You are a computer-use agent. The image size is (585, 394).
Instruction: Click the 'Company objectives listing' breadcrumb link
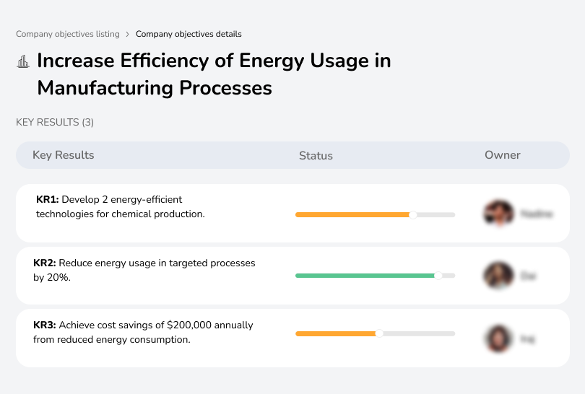pos(68,34)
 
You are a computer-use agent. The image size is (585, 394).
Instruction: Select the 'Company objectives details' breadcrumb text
pos(188,34)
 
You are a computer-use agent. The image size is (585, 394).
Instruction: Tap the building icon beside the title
pos(23,61)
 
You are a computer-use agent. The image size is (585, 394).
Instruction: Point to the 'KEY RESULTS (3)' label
pos(55,123)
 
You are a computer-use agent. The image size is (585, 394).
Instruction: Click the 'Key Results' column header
pos(63,155)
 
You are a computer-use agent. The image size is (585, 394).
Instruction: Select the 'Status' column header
pos(316,155)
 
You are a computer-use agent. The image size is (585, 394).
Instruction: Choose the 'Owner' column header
pos(503,155)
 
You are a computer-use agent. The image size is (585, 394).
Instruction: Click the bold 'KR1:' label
pos(48,200)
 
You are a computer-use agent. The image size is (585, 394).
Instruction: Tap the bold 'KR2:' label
pos(45,263)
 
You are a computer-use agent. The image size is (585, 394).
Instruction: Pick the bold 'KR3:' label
pos(45,325)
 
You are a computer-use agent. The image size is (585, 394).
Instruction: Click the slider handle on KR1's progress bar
pos(413,214)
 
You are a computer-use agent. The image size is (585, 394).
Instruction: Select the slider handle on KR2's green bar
pos(438,276)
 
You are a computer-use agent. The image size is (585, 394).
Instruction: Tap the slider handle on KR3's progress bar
pos(379,333)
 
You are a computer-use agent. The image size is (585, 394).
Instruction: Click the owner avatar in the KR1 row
pos(498,214)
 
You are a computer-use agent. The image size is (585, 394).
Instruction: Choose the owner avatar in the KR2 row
pos(498,276)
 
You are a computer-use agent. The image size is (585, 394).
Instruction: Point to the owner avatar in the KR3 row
pos(498,338)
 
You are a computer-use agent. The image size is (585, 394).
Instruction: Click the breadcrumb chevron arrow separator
pos(128,34)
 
